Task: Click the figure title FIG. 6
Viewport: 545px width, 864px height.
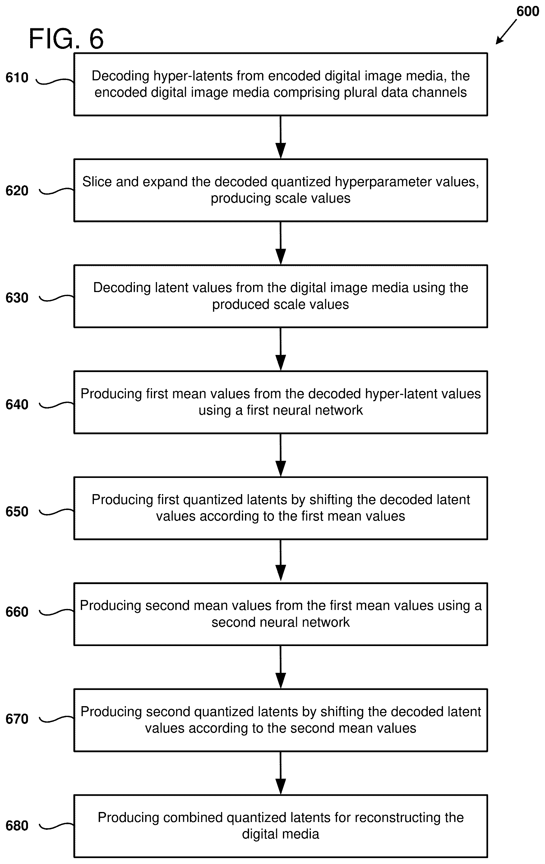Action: pos(66,39)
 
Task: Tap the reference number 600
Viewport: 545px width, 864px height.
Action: pos(528,12)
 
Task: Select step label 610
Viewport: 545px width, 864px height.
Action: pos(17,78)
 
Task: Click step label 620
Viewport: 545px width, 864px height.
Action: pos(17,191)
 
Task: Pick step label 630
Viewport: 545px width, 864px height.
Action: pos(17,297)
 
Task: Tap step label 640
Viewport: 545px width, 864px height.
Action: pos(17,404)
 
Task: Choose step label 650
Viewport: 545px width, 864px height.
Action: pos(17,511)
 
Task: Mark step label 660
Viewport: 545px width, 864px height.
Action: pos(17,612)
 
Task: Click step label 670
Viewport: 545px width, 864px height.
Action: pos(17,719)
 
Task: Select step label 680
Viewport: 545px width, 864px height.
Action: pos(17,826)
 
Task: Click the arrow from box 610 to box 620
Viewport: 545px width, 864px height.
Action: pos(280,137)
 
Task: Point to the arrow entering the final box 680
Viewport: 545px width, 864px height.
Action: pos(280,773)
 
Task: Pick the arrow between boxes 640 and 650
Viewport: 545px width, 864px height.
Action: pos(280,455)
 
